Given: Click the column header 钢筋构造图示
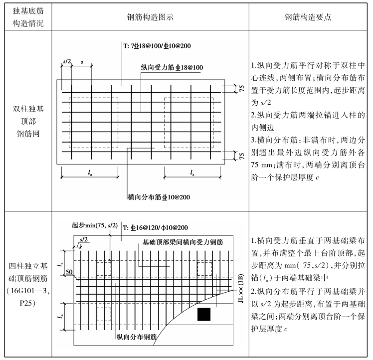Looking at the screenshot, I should pos(150,16).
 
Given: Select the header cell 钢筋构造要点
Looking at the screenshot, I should pos(309,16).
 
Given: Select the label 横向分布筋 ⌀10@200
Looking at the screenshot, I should pos(159,196).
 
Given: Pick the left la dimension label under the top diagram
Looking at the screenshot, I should pos(90,173).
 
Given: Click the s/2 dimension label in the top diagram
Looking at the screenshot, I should pos(67,61).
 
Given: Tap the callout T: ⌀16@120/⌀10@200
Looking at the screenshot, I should pos(156,228).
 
